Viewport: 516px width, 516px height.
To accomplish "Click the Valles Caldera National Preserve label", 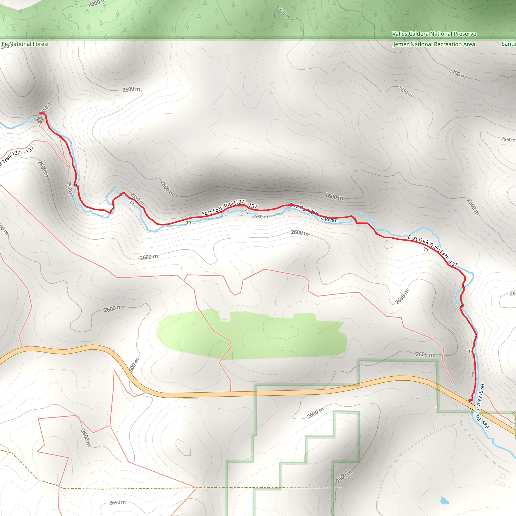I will coord(434,34).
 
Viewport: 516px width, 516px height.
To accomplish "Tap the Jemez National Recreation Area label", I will coord(434,44).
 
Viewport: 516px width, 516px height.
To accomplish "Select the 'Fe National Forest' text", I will coord(25,44).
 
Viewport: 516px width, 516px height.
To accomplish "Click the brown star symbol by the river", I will coord(40,120).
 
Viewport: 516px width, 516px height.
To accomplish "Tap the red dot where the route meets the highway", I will coord(470,401).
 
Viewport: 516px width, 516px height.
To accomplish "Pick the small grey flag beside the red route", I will coord(473,374).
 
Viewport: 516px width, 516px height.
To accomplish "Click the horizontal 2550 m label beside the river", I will coord(260,217).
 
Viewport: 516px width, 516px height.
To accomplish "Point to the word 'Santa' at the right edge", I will coord(509,44).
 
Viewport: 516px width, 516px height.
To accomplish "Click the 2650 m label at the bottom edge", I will coord(117,503).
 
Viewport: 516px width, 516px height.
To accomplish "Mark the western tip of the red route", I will coord(40,114).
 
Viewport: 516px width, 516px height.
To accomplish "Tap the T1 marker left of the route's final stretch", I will coord(468,352).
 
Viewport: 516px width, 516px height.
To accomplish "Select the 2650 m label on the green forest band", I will coord(284,13).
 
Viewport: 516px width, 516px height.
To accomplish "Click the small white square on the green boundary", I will coord(436,407).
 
